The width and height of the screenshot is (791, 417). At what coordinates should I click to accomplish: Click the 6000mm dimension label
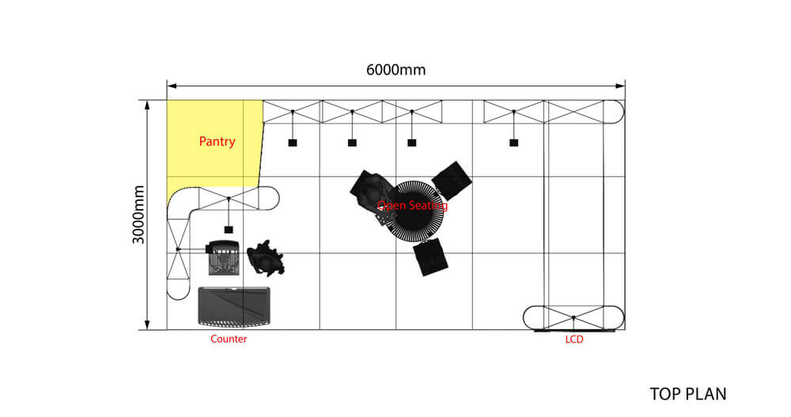(x=395, y=70)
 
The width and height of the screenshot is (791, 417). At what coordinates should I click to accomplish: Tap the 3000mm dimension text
(x=139, y=214)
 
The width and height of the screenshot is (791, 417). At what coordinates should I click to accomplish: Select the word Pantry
(x=217, y=142)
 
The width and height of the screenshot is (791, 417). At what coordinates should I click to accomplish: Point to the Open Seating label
(x=412, y=206)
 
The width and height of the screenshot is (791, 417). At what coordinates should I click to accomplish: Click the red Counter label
(x=229, y=339)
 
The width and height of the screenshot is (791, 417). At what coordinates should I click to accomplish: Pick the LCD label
(x=575, y=339)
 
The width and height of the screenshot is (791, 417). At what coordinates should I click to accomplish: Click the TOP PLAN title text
(x=687, y=393)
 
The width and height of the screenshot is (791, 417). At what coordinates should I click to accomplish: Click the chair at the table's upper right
(x=453, y=180)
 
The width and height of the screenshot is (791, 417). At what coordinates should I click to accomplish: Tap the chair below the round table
(x=431, y=257)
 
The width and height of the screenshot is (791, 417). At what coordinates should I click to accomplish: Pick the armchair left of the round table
(x=370, y=191)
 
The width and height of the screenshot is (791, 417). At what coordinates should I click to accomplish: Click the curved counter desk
(x=234, y=306)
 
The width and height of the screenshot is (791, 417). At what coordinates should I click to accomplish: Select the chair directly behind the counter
(x=222, y=258)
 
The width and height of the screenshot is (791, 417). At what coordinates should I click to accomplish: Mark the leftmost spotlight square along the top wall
(x=292, y=142)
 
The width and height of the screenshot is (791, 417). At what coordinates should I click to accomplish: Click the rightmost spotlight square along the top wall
(x=513, y=142)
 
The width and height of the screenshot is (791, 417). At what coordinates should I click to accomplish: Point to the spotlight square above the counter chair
(x=229, y=229)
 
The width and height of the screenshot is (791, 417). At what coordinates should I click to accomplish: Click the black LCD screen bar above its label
(x=574, y=331)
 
